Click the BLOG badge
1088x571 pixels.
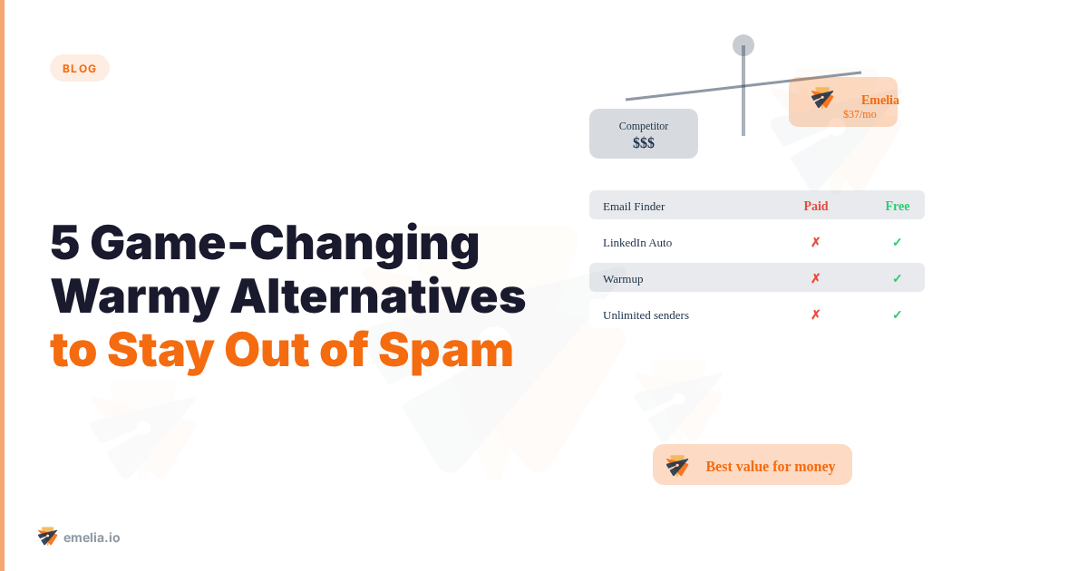80,68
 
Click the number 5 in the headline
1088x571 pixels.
64,243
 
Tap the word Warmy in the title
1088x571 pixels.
135,296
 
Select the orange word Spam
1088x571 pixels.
445,350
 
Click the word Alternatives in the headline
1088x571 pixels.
377,296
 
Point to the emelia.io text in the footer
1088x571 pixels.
92,537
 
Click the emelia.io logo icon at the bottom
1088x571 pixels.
47,537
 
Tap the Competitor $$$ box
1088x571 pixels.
644,134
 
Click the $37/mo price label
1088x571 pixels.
860,114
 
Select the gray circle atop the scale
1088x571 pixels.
743,45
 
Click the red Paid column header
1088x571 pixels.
816,206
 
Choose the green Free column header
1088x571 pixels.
898,206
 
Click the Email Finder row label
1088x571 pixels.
634,206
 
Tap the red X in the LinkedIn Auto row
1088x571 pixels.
816,242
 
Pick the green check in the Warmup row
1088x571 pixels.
898,278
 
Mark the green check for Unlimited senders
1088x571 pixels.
898,315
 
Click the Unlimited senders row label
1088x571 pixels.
646,315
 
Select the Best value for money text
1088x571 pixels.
771,466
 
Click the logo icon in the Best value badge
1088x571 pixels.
677,465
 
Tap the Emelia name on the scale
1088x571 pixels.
879,100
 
